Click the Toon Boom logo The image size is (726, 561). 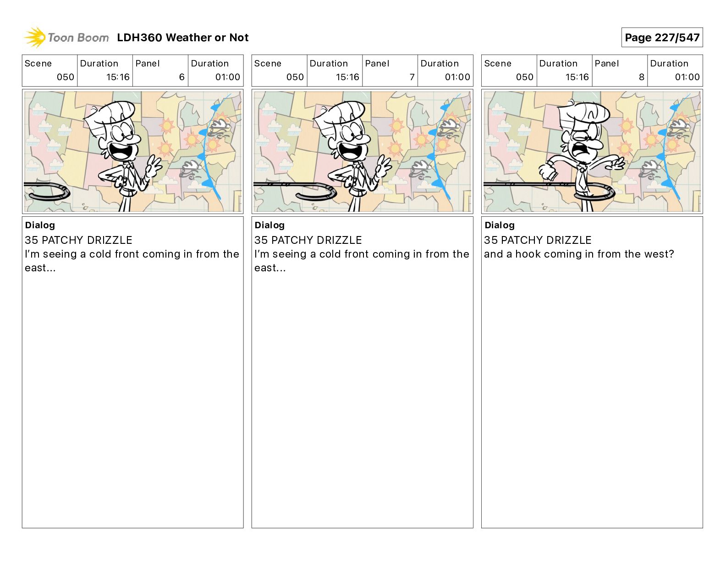pos(66,38)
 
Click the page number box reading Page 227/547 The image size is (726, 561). pos(662,38)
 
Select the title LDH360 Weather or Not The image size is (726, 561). pos(183,38)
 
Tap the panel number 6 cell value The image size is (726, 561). pos(182,77)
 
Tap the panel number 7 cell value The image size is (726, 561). pos(412,77)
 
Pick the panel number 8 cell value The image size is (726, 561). pos(642,77)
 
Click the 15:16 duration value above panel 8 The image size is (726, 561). pos(577,77)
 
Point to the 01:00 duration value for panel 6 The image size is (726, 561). pos(227,77)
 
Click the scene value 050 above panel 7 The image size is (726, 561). pos(295,77)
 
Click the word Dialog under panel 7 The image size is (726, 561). pos(269,225)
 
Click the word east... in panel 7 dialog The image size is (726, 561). pos(270,268)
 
